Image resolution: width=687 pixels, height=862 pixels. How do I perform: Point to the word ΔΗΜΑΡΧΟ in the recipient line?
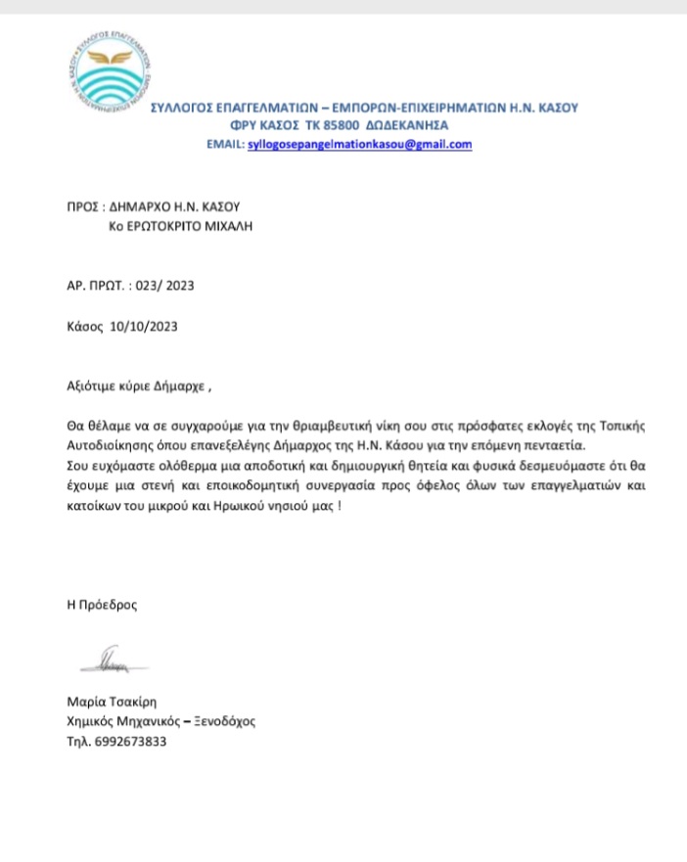coord(132,207)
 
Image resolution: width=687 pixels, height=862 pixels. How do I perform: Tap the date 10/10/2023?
coord(145,327)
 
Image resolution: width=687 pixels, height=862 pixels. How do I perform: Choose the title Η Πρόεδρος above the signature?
coord(96,605)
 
